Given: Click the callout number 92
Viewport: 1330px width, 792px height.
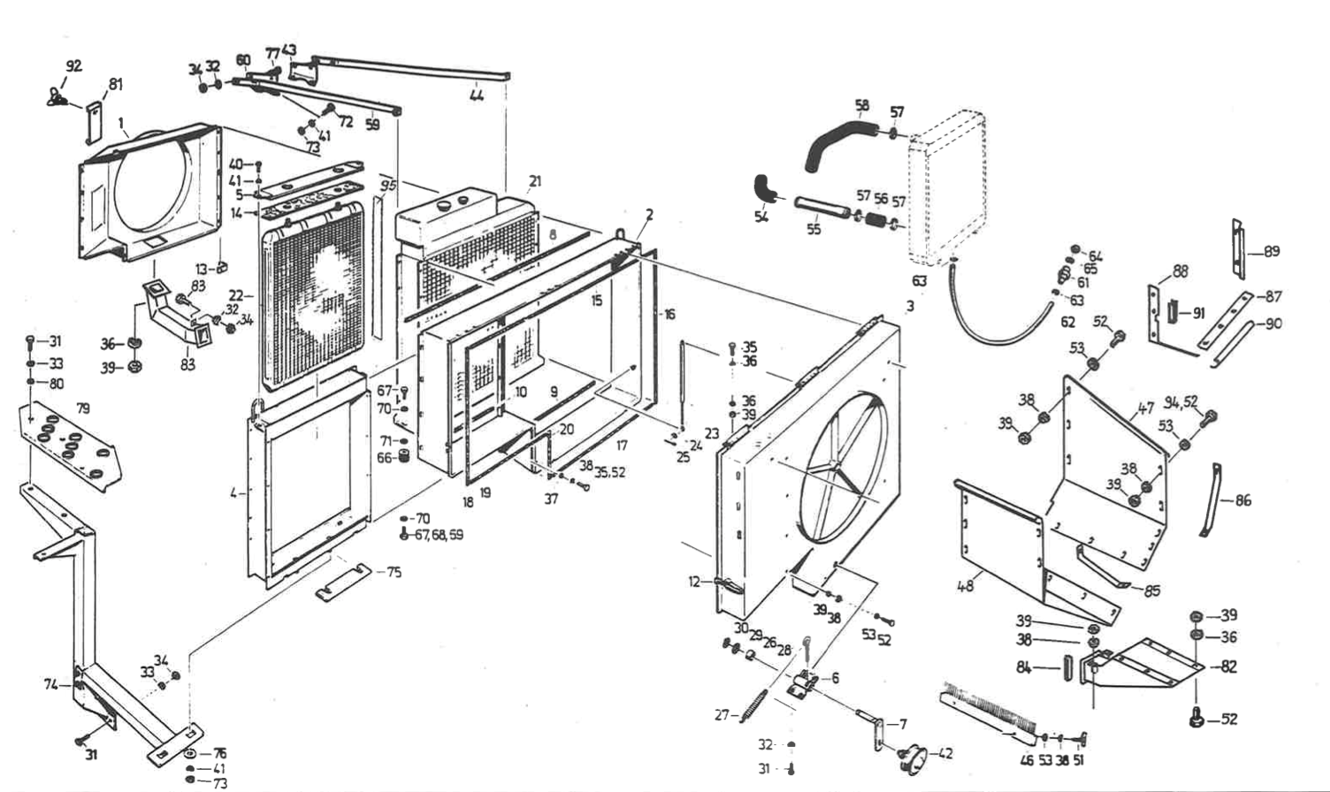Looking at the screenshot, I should click(x=73, y=65).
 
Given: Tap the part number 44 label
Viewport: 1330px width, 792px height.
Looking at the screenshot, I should click(x=477, y=96).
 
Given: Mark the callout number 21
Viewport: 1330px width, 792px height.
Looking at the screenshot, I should click(x=534, y=182).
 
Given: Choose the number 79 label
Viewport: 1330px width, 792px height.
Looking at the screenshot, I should click(x=82, y=408).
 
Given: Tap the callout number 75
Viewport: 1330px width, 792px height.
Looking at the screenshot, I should click(x=394, y=572).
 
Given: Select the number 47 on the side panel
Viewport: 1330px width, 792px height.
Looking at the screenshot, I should click(x=1146, y=408).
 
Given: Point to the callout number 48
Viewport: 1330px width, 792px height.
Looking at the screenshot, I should click(x=965, y=585).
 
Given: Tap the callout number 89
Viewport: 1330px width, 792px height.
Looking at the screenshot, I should click(x=1272, y=252).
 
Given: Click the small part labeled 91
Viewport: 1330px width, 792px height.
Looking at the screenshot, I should click(x=1175, y=311).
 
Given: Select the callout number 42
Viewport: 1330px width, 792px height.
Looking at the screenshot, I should click(x=945, y=753).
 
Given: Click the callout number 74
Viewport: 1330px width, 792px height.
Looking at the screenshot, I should click(x=52, y=683).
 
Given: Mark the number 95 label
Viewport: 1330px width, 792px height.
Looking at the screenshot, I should click(x=386, y=187).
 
